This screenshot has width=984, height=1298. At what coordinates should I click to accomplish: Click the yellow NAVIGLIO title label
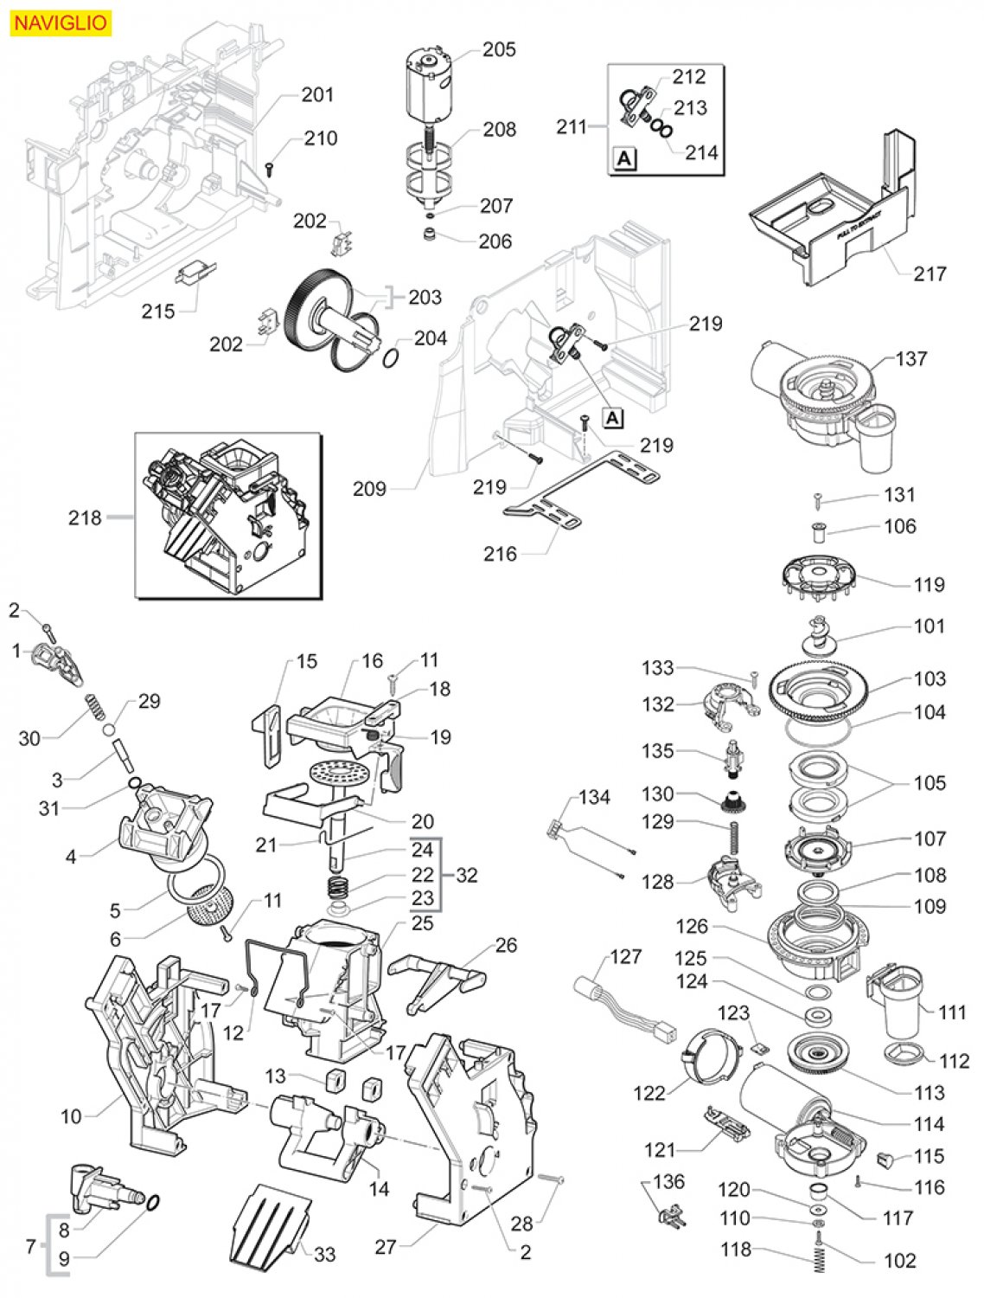[x=61, y=23]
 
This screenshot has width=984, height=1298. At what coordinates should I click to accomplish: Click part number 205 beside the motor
[x=499, y=49]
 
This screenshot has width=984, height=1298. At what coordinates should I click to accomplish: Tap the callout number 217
[x=929, y=273]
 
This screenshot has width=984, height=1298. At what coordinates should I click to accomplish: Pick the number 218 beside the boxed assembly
[x=85, y=517]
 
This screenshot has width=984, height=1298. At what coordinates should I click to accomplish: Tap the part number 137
[x=911, y=358]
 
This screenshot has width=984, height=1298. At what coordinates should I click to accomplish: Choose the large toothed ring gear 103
[x=819, y=694]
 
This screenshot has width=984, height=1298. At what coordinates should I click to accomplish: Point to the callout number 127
[x=625, y=956]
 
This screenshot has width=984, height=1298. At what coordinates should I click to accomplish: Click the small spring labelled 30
[x=95, y=707]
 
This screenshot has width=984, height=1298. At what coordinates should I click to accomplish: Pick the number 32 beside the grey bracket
[x=467, y=875]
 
